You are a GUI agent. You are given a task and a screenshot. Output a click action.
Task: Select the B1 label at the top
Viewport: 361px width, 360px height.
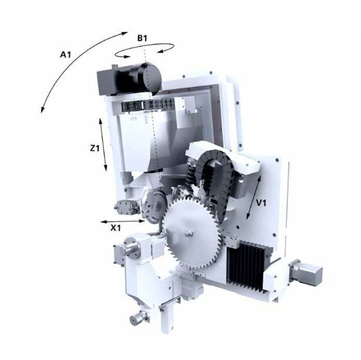(144, 38)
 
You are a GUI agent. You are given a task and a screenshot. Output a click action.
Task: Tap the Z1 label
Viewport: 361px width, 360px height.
(94, 148)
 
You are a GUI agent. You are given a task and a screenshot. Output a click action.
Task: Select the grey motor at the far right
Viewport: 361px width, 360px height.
(307, 273)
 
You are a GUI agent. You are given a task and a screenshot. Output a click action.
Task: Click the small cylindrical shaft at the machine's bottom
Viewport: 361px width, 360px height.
(136, 317)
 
